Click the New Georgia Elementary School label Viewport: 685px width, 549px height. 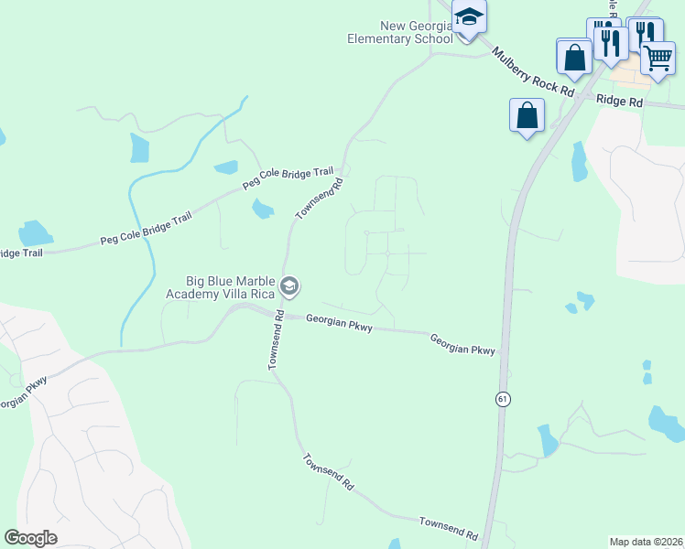pos(400,32)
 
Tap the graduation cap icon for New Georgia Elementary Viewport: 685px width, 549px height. pos(469,18)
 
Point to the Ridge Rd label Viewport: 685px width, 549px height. pos(619,101)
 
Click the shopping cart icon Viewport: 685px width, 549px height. pos(658,59)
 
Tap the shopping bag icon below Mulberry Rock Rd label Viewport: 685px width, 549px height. pos(527,115)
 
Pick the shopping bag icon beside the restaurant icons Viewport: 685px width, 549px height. pos(574,57)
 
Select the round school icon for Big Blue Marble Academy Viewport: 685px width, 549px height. pos(289,287)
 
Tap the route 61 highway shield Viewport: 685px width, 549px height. pos(503,399)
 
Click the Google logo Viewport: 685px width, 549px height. pos(31,538)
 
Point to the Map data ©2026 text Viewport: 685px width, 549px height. pos(646,542)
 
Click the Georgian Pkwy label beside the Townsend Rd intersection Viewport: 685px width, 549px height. pos(339,323)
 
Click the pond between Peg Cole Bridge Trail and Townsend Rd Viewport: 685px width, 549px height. pos(262,209)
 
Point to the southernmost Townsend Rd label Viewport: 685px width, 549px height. pos(449,527)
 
